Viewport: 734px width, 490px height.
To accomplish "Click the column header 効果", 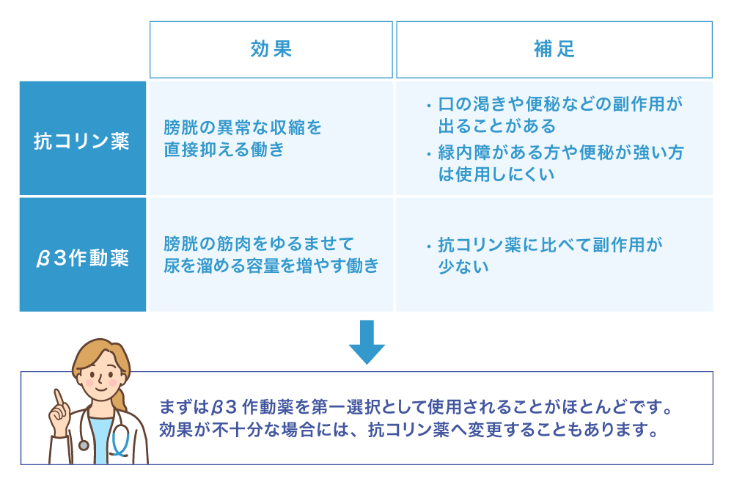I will [x=271, y=50].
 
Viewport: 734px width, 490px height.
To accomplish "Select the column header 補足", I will [x=554, y=50].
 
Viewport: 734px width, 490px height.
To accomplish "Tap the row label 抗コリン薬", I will [x=82, y=140].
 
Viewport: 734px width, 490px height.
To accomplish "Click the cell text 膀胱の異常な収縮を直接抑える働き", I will [x=243, y=139].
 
